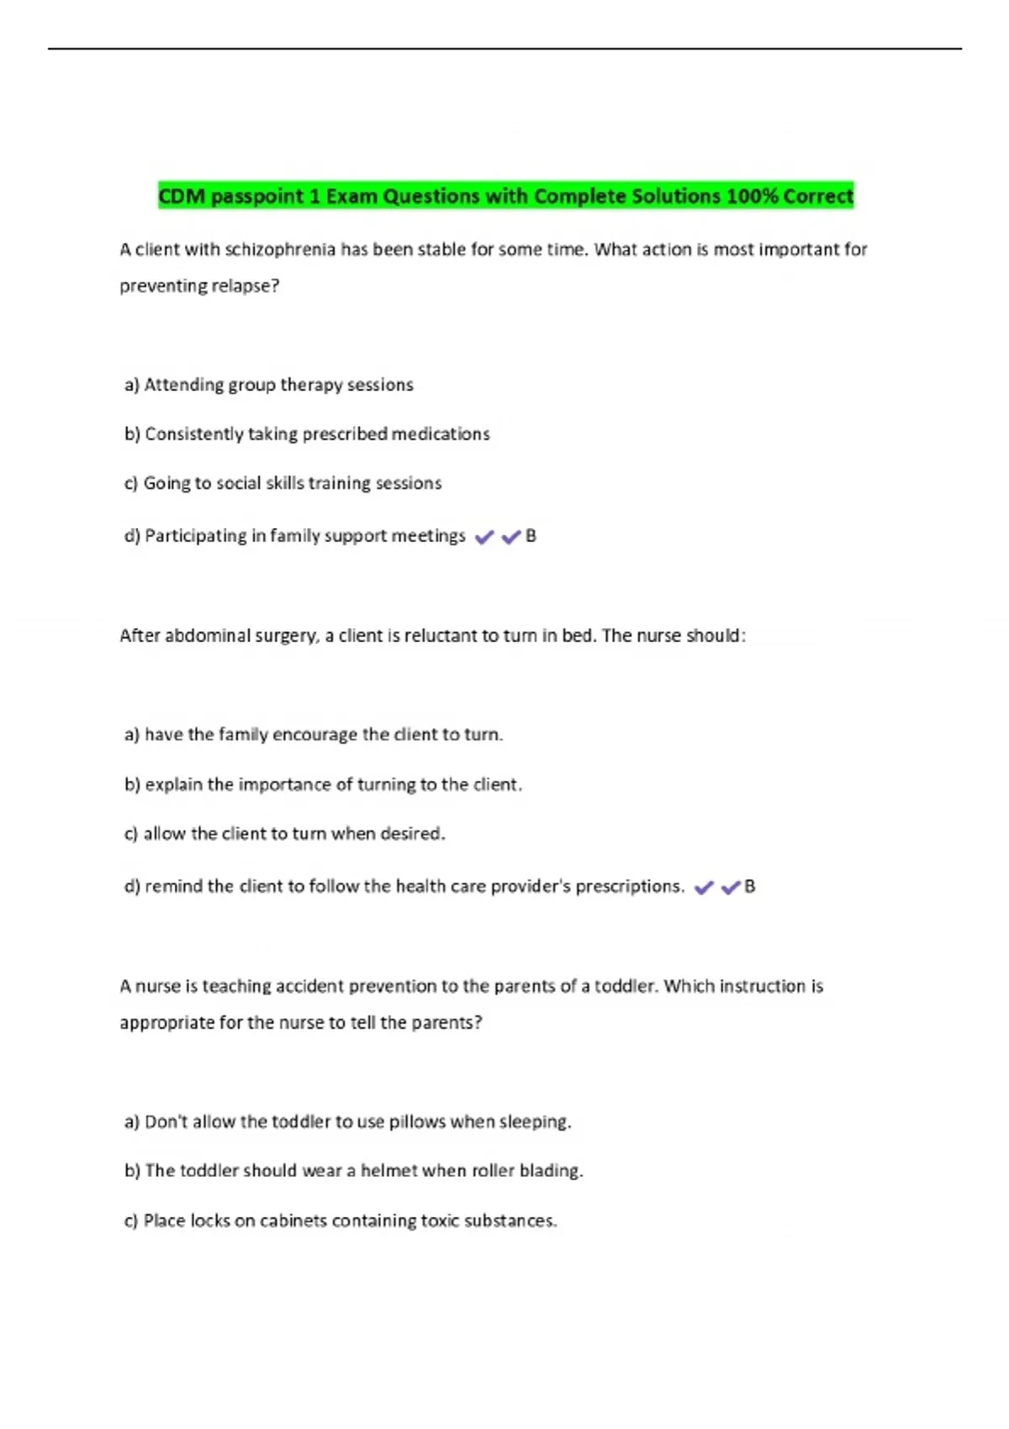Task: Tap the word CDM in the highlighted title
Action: (x=181, y=197)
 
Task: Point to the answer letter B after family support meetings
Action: (x=531, y=536)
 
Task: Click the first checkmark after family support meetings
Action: (x=484, y=537)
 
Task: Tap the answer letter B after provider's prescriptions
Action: (x=750, y=887)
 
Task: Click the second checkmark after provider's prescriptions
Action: (x=731, y=888)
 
